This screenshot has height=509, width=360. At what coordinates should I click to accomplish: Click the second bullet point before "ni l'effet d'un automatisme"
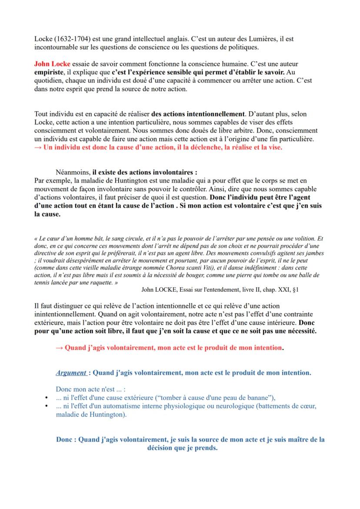pyautogui.click(x=47, y=406)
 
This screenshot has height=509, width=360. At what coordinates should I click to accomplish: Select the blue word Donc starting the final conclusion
pyautogui.click(x=65, y=439)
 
